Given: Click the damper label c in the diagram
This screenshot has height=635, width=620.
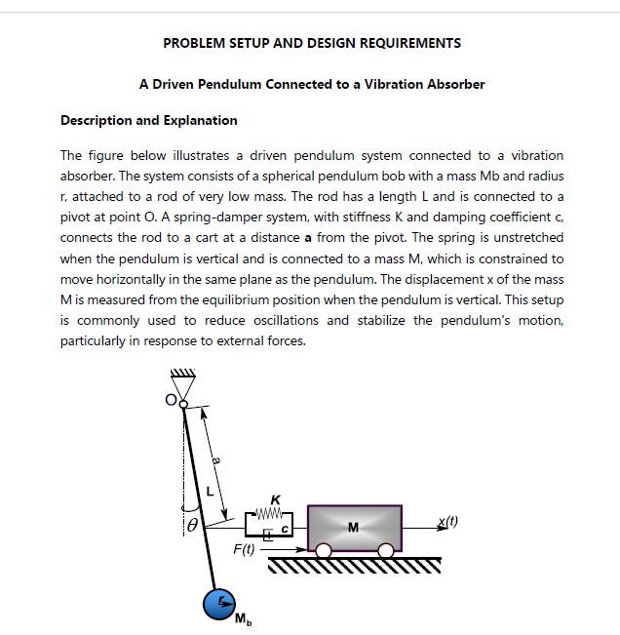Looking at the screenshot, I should click(x=284, y=528).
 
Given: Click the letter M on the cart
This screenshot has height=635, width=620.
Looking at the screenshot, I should click(x=353, y=528).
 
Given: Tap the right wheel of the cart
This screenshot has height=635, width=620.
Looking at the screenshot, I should click(x=386, y=551).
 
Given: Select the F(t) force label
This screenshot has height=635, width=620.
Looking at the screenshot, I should click(x=244, y=549).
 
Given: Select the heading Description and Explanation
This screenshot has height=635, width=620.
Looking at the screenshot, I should click(x=148, y=121).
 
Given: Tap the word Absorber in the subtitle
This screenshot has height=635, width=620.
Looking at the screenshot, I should click(x=456, y=84).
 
